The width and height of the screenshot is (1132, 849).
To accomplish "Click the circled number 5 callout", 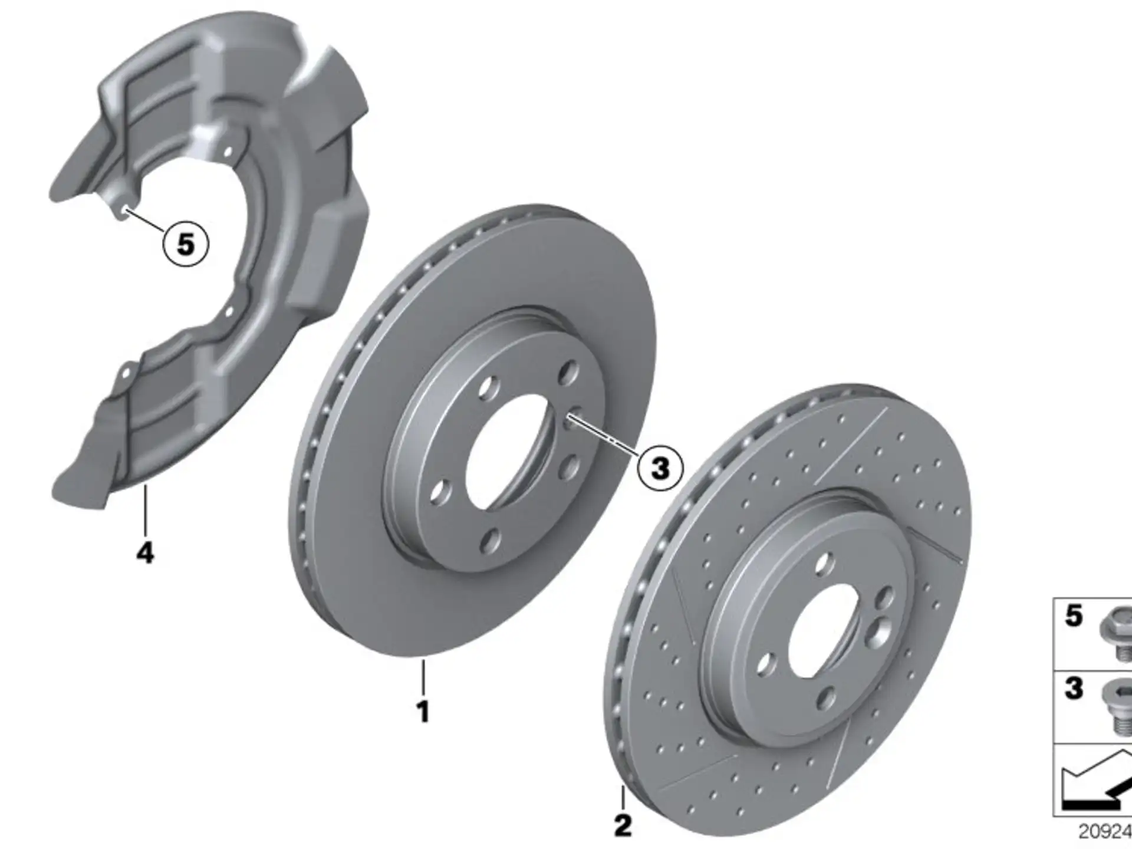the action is point(186,243).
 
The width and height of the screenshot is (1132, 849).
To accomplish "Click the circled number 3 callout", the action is point(660,468).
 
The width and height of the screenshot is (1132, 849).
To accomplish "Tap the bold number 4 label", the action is point(145,553).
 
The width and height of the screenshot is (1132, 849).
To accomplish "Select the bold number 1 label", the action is point(423,711).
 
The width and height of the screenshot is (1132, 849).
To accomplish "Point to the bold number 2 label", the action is point(623,825).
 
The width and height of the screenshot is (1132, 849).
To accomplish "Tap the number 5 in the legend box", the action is point(1074,616).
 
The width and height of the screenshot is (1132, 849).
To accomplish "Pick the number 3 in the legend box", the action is point(1074,688).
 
